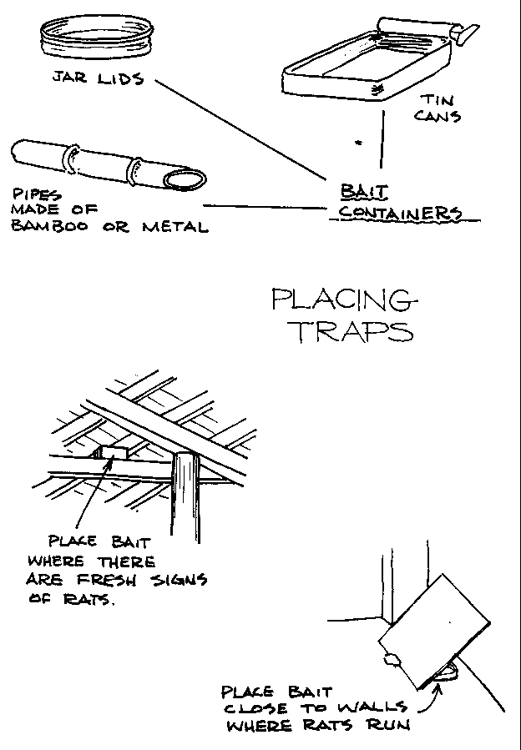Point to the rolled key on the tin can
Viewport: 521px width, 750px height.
(422, 30)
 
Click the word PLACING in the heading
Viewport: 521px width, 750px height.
(341, 299)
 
